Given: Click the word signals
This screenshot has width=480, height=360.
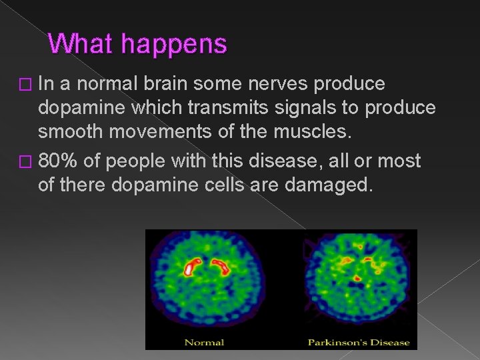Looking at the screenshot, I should pyautogui.click(x=300, y=108).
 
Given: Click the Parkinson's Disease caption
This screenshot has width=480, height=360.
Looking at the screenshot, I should pyautogui.click(x=359, y=342).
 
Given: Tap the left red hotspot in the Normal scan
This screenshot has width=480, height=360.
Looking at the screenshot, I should pyautogui.click(x=193, y=267).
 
